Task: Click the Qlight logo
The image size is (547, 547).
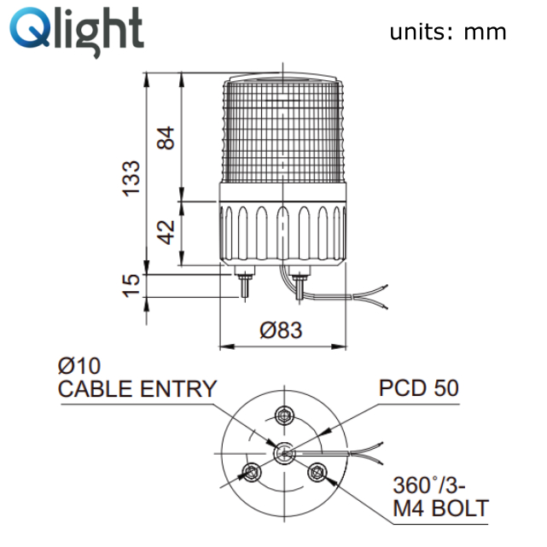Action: (77, 32)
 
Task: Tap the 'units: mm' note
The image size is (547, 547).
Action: (448, 32)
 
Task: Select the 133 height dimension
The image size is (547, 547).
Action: (131, 178)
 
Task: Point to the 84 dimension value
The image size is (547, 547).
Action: (166, 138)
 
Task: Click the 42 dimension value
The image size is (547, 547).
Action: (166, 232)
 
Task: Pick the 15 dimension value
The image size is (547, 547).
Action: (131, 286)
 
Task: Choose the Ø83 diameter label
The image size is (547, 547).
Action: (281, 330)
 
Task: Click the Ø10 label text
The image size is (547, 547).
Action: (79, 366)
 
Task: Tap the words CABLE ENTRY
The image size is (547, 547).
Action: (137, 389)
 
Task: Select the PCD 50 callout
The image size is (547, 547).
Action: (419, 388)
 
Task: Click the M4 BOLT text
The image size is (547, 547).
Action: (441, 509)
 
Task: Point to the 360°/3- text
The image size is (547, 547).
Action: (429, 486)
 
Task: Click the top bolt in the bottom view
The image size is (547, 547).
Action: (285, 416)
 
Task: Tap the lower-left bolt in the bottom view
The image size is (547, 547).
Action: (251, 473)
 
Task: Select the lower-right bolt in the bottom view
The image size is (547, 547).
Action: (317, 473)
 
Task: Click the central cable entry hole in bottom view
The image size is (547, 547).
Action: (285, 453)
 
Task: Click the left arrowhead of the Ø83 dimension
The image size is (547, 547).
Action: (227, 346)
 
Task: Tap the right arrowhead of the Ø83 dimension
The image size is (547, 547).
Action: (339, 346)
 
